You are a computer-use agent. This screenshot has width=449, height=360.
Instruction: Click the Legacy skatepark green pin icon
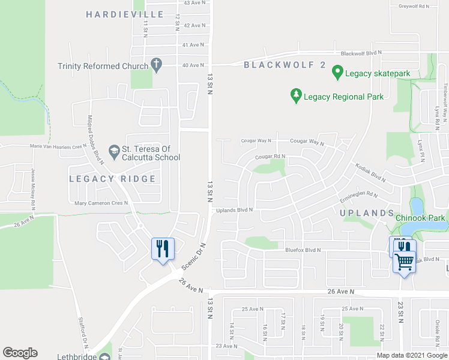tap(337, 73)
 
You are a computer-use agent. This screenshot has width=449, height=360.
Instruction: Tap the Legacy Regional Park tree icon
tap(295, 96)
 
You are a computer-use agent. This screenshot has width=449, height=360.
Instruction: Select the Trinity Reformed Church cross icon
tap(156, 65)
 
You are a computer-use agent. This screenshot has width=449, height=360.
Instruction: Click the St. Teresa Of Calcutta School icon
tap(113, 150)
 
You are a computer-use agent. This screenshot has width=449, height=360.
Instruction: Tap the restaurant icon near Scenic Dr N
tap(162, 248)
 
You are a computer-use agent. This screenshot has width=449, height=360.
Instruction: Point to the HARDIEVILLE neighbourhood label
tap(124, 14)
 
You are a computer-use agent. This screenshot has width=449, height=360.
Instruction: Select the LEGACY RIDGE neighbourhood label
tap(112, 179)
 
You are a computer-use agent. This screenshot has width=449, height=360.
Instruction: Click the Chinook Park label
tap(421, 218)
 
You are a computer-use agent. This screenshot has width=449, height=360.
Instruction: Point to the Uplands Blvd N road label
tap(235, 210)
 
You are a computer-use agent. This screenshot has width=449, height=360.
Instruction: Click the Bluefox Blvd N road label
tap(303, 250)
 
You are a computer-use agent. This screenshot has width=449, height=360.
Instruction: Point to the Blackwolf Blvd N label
tap(361, 53)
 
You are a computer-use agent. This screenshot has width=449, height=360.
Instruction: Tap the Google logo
tap(20, 353)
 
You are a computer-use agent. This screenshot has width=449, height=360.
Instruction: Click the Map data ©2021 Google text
tap(411, 355)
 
